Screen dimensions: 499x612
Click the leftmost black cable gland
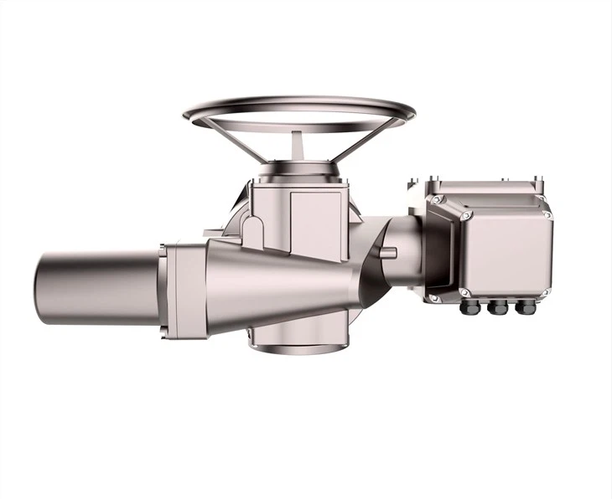click(x=470, y=308)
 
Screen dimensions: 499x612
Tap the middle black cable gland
click(x=498, y=308)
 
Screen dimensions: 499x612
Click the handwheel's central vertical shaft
click(x=298, y=145)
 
